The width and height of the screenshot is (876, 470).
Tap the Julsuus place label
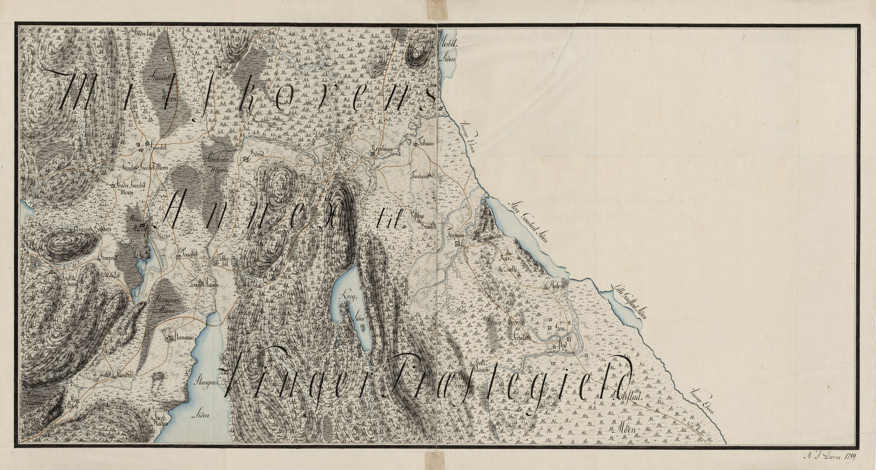[x=426, y=144]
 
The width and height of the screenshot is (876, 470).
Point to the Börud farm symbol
[x=245, y=160]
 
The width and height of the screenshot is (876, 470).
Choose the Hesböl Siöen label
[x=449, y=51]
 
